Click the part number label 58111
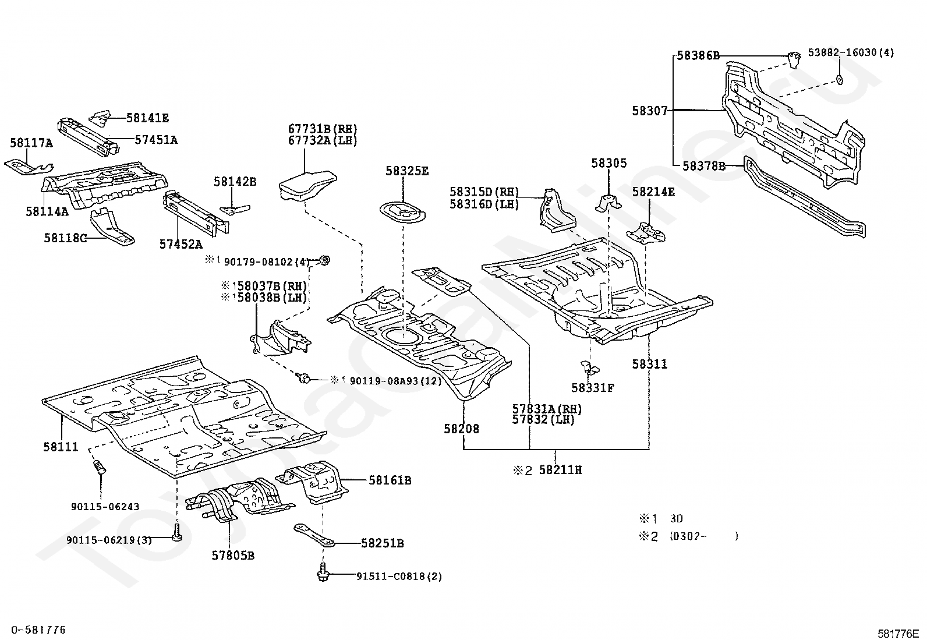tap(60, 447)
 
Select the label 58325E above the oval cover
tap(406, 171)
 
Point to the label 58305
tap(608, 164)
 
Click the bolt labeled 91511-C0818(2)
tap(321, 574)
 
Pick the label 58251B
tap(382, 543)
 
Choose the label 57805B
tap(233, 555)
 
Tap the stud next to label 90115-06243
tap(99, 467)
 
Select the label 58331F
tap(593, 387)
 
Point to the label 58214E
tap(653, 192)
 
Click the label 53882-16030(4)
tap(851, 52)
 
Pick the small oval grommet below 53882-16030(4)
tap(838, 79)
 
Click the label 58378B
tap(703, 166)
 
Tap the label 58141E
tap(147, 118)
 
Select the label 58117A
tap(31, 143)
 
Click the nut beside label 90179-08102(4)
tap(324, 260)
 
